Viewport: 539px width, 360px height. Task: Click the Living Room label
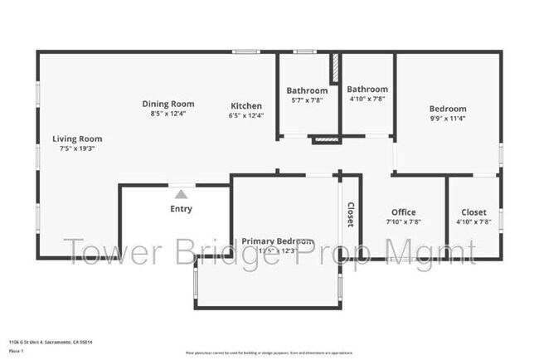click(77, 139)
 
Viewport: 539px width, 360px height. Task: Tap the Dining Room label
click(168, 104)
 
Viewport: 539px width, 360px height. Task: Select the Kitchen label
click(246, 106)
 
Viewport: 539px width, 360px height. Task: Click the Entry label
click(181, 209)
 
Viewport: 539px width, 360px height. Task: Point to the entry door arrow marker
click(181, 193)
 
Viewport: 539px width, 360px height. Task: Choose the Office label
click(404, 212)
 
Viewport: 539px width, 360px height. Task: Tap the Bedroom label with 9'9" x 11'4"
click(447, 109)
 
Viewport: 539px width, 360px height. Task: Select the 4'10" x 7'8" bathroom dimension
click(367, 99)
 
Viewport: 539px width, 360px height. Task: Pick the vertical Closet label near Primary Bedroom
click(350, 215)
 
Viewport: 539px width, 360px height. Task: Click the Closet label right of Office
click(473, 212)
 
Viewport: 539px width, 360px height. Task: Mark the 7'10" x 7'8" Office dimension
click(404, 222)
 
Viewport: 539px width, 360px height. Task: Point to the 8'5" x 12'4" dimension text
click(168, 114)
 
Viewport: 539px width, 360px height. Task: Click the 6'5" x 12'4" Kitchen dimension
click(246, 116)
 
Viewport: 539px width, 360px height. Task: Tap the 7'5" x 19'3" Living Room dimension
click(77, 148)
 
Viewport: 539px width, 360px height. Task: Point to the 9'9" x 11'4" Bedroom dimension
click(447, 119)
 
